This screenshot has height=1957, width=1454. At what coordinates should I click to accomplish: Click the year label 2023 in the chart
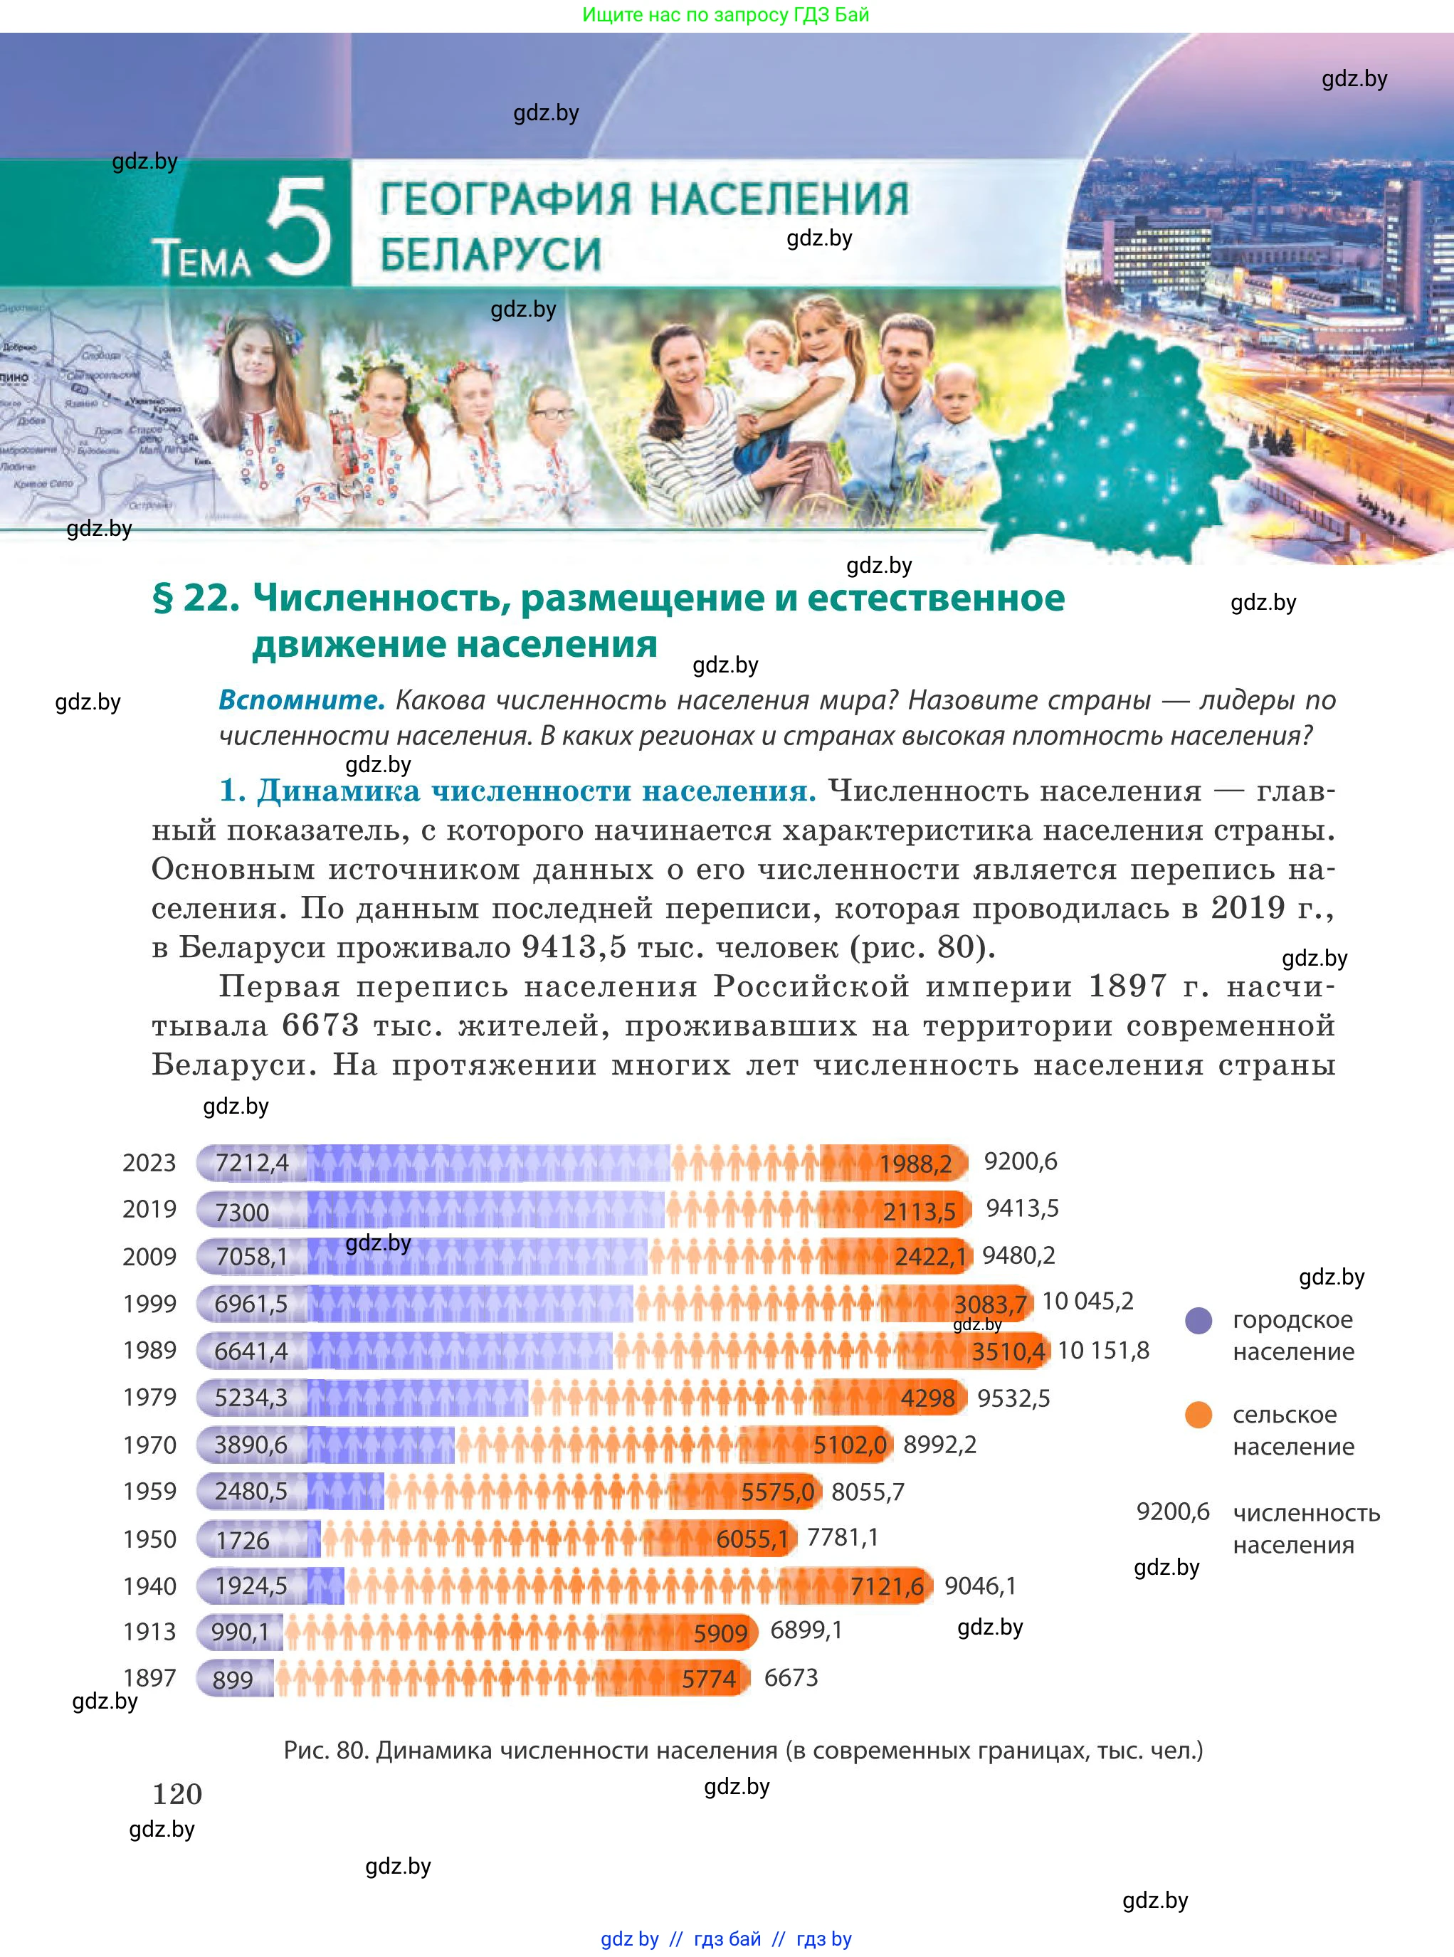point(149,1162)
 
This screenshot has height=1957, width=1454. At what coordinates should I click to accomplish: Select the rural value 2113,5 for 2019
point(919,1212)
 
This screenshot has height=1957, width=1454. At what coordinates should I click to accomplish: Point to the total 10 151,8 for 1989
point(1103,1350)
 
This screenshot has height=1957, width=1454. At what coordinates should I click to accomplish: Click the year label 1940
point(149,1586)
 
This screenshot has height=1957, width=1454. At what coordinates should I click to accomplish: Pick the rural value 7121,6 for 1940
point(887,1586)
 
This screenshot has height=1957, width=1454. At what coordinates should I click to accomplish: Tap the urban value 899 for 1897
point(232,1679)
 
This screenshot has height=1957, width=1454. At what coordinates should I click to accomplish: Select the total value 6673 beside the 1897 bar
point(791,1678)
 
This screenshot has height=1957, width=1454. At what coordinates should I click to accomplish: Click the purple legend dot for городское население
point(1198,1320)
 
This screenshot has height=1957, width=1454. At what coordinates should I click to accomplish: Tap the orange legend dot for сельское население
point(1198,1415)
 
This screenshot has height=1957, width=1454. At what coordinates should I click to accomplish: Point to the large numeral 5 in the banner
point(298,227)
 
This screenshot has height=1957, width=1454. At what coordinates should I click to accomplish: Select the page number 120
point(177,1793)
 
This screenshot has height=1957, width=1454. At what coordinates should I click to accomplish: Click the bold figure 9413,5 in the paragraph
point(574,946)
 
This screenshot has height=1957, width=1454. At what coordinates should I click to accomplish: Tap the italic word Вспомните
point(302,700)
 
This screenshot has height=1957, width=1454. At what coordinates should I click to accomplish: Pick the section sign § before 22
point(163,598)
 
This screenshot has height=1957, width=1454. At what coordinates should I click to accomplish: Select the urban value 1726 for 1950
point(243,1540)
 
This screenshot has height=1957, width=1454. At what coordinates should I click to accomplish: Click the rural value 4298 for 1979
point(927,1398)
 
